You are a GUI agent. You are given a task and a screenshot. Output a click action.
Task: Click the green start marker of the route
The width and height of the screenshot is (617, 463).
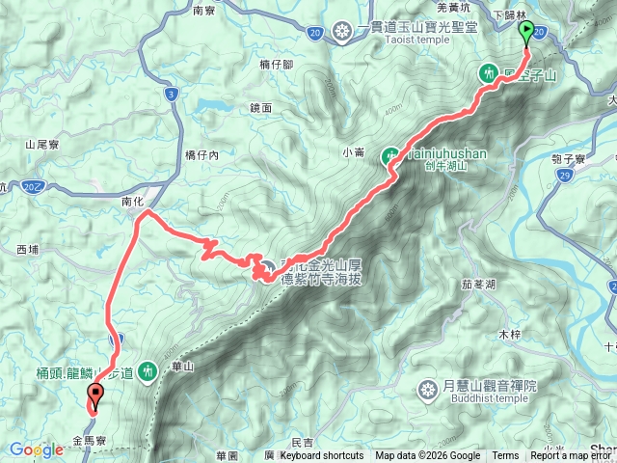pyautogui.click(x=526, y=33)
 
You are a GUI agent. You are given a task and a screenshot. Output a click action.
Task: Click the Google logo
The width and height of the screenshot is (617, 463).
pyautogui.click(x=36, y=449)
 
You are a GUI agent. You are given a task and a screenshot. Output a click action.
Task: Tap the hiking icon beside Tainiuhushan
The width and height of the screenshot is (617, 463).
pyautogui.click(x=390, y=153)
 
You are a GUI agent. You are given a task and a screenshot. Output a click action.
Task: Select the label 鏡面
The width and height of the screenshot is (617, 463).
pyautogui.click(x=260, y=110)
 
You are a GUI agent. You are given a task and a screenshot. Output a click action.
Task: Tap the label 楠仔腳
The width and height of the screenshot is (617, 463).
pyautogui.click(x=277, y=64)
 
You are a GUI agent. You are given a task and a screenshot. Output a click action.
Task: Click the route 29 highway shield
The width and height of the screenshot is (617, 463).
pyautogui.click(x=563, y=177)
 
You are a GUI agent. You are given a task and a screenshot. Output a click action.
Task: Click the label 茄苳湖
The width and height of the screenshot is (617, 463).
pyautogui.click(x=479, y=285)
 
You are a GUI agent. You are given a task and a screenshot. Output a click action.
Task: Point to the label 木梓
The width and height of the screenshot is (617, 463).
pyautogui.click(x=508, y=334)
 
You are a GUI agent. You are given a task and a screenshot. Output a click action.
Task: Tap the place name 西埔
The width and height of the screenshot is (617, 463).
pyautogui.click(x=30, y=249)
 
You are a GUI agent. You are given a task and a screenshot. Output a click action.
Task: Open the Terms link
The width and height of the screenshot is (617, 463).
pyautogui.click(x=504, y=456)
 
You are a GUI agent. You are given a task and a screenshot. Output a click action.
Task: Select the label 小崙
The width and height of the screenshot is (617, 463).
pyautogui.click(x=354, y=150)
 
